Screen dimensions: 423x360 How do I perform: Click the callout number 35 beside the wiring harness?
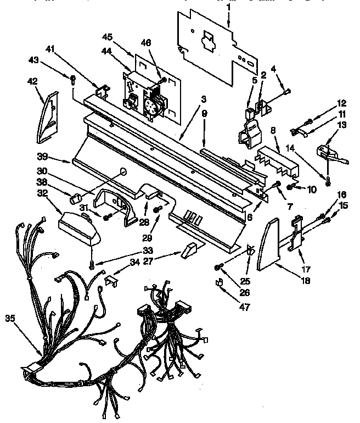tap(9, 318)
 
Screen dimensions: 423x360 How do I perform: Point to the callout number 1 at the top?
tap(228, 7)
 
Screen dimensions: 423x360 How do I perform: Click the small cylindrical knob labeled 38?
tap(77, 196)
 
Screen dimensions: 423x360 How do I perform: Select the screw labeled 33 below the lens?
tap(92, 265)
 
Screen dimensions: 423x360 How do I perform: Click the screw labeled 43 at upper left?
tap(72, 78)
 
